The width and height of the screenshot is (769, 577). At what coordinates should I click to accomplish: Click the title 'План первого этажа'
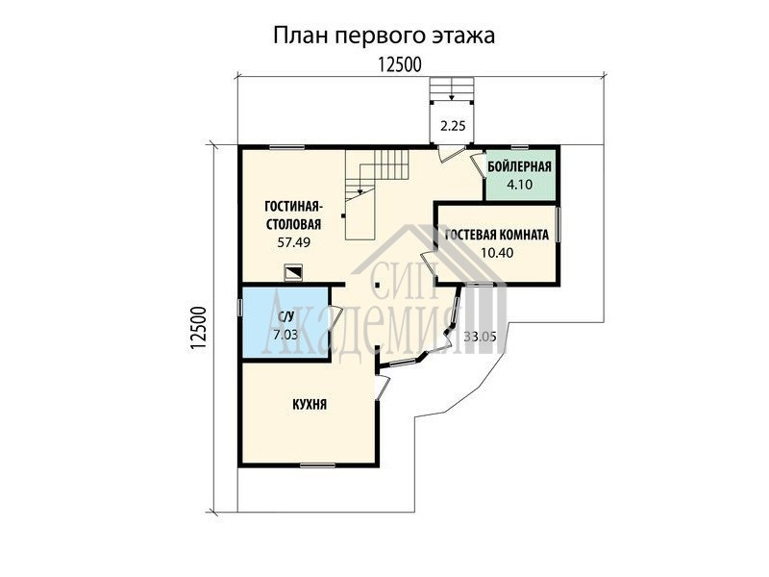click(x=384, y=36)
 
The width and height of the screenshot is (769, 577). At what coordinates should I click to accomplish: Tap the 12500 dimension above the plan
click(x=400, y=64)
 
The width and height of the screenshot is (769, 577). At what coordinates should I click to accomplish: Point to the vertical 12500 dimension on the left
click(x=198, y=328)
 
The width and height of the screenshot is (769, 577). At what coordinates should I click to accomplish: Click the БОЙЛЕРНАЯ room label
click(x=519, y=166)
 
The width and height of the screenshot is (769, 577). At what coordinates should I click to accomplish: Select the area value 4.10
click(x=519, y=185)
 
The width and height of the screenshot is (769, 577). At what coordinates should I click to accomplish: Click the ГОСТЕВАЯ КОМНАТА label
click(x=497, y=235)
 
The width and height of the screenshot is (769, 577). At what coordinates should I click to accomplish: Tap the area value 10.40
click(x=497, y=253)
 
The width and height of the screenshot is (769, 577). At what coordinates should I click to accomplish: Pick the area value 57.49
click(x=294, y=242)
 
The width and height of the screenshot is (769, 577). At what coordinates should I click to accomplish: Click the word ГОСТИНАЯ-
click(x=293, y=206)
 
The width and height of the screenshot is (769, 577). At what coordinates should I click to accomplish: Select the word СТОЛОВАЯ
click(x=294, y=224)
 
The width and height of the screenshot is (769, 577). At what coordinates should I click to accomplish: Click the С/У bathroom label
click(x=285, y=317)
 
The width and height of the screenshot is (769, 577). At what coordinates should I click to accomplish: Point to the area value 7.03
click(x=285, y=335)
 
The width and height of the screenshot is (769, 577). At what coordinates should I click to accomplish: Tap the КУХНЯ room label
click(x=310, y=405)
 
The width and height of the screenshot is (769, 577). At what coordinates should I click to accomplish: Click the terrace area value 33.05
click(x=480, y=337)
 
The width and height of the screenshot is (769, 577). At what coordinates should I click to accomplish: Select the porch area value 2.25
click(x=452, y=126)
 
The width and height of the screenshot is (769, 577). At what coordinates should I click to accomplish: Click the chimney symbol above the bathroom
click(x=293, y=273)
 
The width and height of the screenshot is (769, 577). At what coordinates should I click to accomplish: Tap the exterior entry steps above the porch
click(x=452, y=88)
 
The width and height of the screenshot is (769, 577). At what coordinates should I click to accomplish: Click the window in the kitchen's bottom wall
click(x=317, y=465)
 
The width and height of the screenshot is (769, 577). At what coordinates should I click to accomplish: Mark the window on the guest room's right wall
click(x=558, y=225)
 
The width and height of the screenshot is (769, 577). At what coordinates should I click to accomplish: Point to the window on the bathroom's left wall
click(x=240, y=308)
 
